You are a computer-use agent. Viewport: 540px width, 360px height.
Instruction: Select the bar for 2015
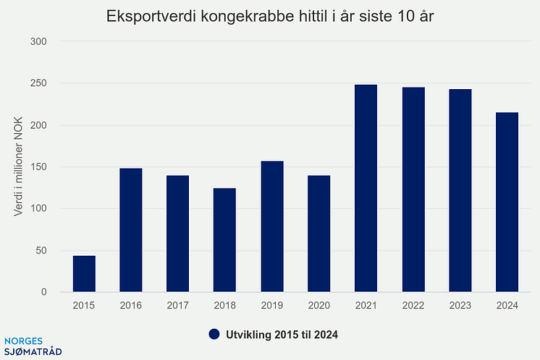pos(84,274)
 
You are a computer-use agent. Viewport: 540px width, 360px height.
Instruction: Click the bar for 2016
pos(131,230)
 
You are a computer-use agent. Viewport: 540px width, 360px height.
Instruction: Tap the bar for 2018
pos(224,240)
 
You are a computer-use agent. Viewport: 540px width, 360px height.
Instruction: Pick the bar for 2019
pos(271,227)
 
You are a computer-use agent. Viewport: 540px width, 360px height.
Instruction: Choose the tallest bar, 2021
pos(366,188)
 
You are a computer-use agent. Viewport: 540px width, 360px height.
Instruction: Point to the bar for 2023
pos(460,191)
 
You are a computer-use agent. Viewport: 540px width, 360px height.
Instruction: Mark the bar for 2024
pos(507,202)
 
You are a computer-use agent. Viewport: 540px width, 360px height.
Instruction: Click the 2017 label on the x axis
pos(178,306)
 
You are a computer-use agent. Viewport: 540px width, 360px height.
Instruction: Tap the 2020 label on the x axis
pos(318,306)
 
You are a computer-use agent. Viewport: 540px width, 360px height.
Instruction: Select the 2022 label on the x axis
pos(413,306)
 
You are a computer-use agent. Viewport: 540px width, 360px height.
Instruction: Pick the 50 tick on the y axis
pos(41,251)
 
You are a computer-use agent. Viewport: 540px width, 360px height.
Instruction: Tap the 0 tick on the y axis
pos(43,293)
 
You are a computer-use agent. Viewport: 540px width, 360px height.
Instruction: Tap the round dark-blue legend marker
pos(214,334)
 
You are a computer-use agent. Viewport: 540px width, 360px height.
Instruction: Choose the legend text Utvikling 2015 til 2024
pos(282,334)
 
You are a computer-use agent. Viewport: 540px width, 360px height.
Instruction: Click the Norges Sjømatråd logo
pos(33,346)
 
